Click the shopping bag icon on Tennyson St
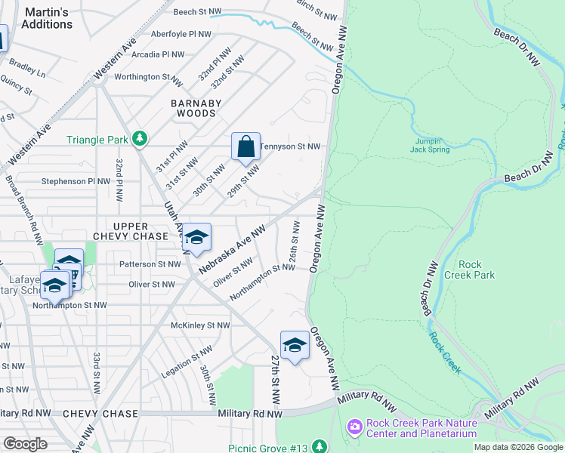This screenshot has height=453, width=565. click(246, 146)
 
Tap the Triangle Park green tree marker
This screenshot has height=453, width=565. click(139, 139)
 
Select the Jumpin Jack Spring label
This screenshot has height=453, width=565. click(431, 145)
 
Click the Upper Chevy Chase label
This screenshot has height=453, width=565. click(140, 232)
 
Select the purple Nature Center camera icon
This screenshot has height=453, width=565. click(354, 428)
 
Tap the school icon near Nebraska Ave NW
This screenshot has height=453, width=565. click(196, 238)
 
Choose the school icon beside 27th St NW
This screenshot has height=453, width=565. click(295, 346)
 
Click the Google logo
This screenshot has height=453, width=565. click(25, 443)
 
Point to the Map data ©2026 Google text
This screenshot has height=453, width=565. click(517, 447)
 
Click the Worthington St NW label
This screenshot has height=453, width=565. click(148, 77)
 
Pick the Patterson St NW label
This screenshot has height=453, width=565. click(150, 264)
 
